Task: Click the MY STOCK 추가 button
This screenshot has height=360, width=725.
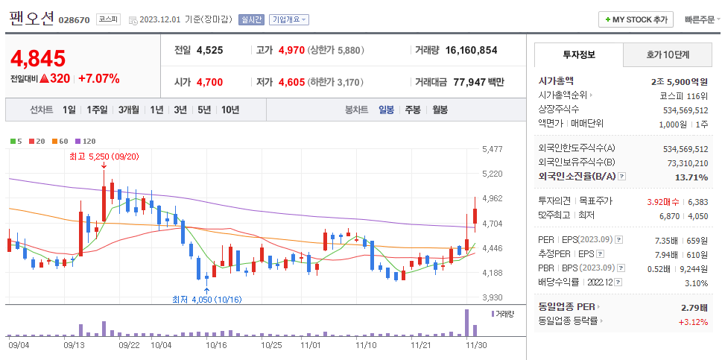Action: coord(636,19)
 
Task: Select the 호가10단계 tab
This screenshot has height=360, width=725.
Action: coord(667,55)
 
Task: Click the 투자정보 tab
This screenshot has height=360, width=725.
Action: coord(579,55)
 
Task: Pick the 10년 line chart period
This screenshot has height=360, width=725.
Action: coord(229,110)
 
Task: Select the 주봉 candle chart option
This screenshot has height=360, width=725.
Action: coord(412,110)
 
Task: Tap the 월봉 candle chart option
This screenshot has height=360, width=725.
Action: coord(440,110)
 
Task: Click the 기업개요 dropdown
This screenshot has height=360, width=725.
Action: coord(289,20)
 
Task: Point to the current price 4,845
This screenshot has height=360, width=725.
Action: coord(38,58)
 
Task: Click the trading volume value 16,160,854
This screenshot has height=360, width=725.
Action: coord(471,51)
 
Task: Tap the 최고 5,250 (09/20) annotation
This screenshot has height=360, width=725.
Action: coord(104,156)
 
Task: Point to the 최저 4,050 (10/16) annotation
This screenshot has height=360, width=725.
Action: coord(206,299)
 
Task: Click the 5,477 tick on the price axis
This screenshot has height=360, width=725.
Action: coord(493,149)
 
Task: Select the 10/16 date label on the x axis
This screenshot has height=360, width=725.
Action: coord(216,345)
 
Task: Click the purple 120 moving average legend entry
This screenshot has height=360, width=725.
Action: coord(86,141)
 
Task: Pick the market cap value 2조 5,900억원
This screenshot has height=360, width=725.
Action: coord(679,80)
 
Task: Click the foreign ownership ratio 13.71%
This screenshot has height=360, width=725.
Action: coord(691,177)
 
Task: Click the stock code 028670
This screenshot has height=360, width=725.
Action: coord(74,20)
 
